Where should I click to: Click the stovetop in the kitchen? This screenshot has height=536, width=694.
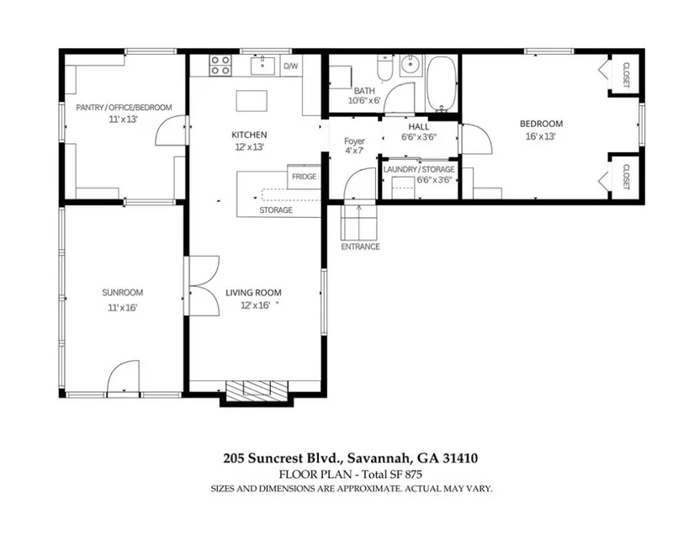pyautogui.click(x=220, y=66)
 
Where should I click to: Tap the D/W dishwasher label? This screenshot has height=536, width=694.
pyautogui.click(x=291, y=66)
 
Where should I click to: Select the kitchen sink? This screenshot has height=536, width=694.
pyautogui.click(x=262, y=66)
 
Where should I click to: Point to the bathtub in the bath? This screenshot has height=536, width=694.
pyautogui.click(x=442, y=83)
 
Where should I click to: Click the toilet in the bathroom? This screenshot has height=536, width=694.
pyautogui.click(x=384, y=67)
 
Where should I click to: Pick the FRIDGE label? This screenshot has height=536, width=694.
pyautogui.click(x=304, y=177)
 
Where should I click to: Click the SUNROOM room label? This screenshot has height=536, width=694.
pyautogui.click(x=123, y=293)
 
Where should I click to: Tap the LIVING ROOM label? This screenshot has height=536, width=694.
pyautogui.click(x=253, y=293)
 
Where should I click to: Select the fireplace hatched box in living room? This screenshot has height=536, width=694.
pyautogui.click(x=257, y=390)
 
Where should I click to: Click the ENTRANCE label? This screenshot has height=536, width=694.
pyautogui.click(x=360, y=247)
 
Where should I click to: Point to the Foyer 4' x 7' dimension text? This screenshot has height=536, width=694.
pyautogui.click(x=354, y=151)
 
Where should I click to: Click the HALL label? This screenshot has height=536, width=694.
pyautogui.click(x=419, y=127)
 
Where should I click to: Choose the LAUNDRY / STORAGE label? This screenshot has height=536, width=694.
pyautogui.click(x=419, y=169)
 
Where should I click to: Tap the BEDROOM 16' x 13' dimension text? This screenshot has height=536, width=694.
pyautogui.click(x=540, y=136)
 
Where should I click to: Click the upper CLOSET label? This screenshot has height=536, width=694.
pyautogui.click(x=626, y=75)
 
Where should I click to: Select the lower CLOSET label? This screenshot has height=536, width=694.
pyautogui.click(x=626, y=177)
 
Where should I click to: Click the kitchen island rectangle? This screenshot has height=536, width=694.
pyautogui.click(x=252, y=101)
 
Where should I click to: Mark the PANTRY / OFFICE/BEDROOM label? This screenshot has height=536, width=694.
pyautogui.click(x=124, y=108)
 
